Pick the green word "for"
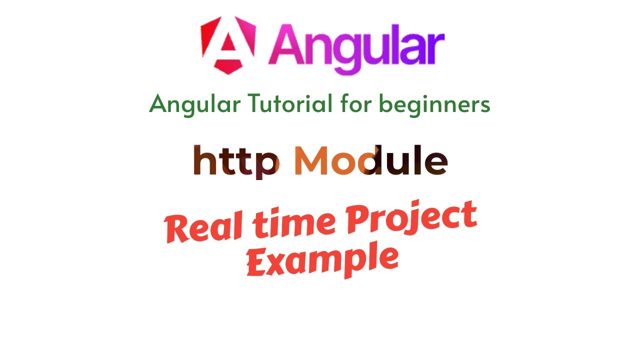(x=356, y=103)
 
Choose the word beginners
(x=434, y=104)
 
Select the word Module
(x=370, y=160)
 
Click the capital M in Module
(x=312, y=160)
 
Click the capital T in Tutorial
(x=255, y=103)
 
